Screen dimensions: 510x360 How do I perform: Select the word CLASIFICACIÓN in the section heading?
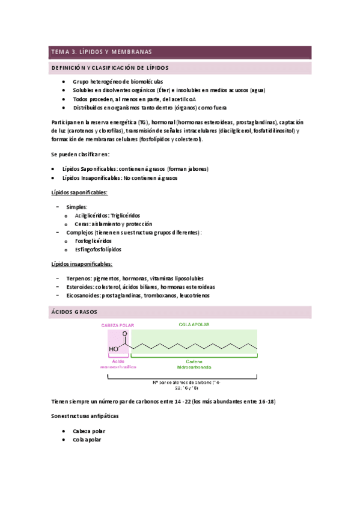pyautogui.click(x=116, y=68)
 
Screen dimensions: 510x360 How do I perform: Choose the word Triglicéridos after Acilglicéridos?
pyautogui.click(x=125, y=215)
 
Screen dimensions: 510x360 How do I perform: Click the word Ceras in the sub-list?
pyautogui.click(x=81, y=224)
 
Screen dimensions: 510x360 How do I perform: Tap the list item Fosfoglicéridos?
pyautogui.click(x=93, y=241)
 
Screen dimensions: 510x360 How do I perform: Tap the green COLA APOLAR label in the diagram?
pyautogui.click(x=194, y=325)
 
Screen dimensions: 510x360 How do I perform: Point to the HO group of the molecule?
pyautogui.click(x=114, y=348)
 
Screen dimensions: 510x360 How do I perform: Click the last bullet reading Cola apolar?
pyautogui.click(x=87, y=439)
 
